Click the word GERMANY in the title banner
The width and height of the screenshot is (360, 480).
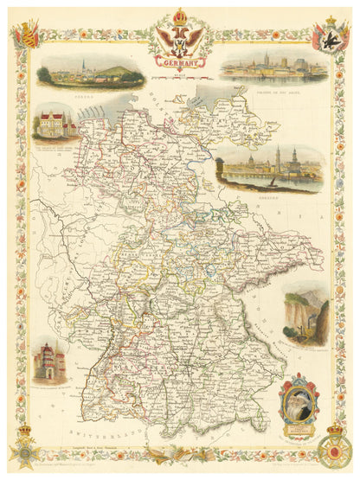pyautogui.click(x=179, y=62)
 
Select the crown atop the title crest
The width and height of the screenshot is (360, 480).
pyautogui.click(x=179, y=16)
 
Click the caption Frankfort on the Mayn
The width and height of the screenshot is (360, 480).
pyautogui.click(x=272, y=86)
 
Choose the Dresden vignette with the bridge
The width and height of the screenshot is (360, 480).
pyautogui.click(x=270, y=168)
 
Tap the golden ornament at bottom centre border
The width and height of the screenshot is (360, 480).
pyautogui.click(x=180, y=451)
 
